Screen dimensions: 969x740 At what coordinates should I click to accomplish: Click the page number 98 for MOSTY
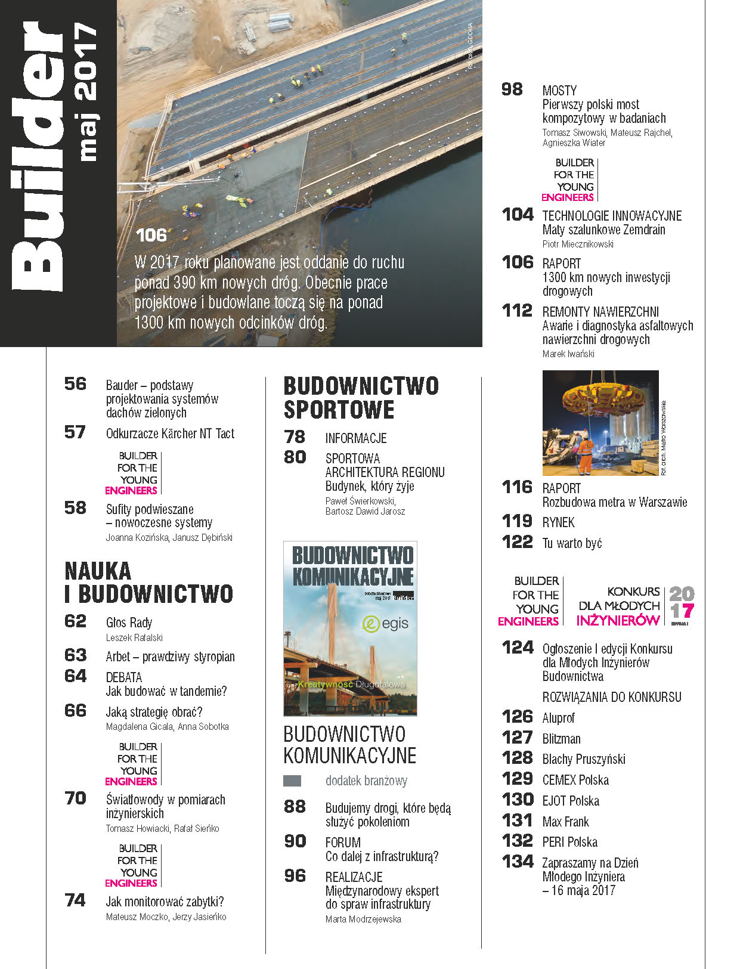pyautogui.click(x=512, y=89)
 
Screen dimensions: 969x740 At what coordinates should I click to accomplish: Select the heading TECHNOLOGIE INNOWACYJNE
pyautogui.click(x=612, y=216)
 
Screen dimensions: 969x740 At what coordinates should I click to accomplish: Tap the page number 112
pyautogui.click(x=516, y=311)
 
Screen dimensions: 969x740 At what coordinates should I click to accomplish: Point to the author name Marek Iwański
pyautogui.click(x=568, y=354)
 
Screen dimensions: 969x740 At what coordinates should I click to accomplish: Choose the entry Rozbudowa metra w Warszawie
pyautogui.click(x=615, y=502)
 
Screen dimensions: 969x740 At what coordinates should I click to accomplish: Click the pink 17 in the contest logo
pyautogui.click(x=682, y=611)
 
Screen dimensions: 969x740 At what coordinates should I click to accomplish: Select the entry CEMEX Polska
pyautogui.click(x=575, y=780)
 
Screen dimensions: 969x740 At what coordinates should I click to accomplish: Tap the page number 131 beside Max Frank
pyautogui.click(x=517, y=821)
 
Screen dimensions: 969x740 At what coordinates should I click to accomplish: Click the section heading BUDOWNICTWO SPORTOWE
pyautogui.click(x=361, y=398)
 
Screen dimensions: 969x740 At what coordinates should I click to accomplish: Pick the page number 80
pyautogui.click(x=295, y=457)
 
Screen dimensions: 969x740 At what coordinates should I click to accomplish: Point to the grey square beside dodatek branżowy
pyautogui.click(x=292, y=781)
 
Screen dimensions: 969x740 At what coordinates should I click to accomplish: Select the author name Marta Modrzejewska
pyautogui.click(x=363, y=920)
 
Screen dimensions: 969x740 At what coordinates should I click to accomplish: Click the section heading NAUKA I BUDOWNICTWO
pyautogui.click(x=148, y=583)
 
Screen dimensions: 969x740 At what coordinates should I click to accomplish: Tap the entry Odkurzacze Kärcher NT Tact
pyautogui.click(x=170, y=434)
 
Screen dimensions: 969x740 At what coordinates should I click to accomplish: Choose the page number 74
pyautogui.click(x=75, y=900)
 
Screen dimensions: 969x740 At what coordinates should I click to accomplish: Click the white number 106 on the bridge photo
pyautogui.click(x=151, y=235)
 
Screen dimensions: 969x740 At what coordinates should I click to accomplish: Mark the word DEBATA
pyautogui.click(x=124, y=677)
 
